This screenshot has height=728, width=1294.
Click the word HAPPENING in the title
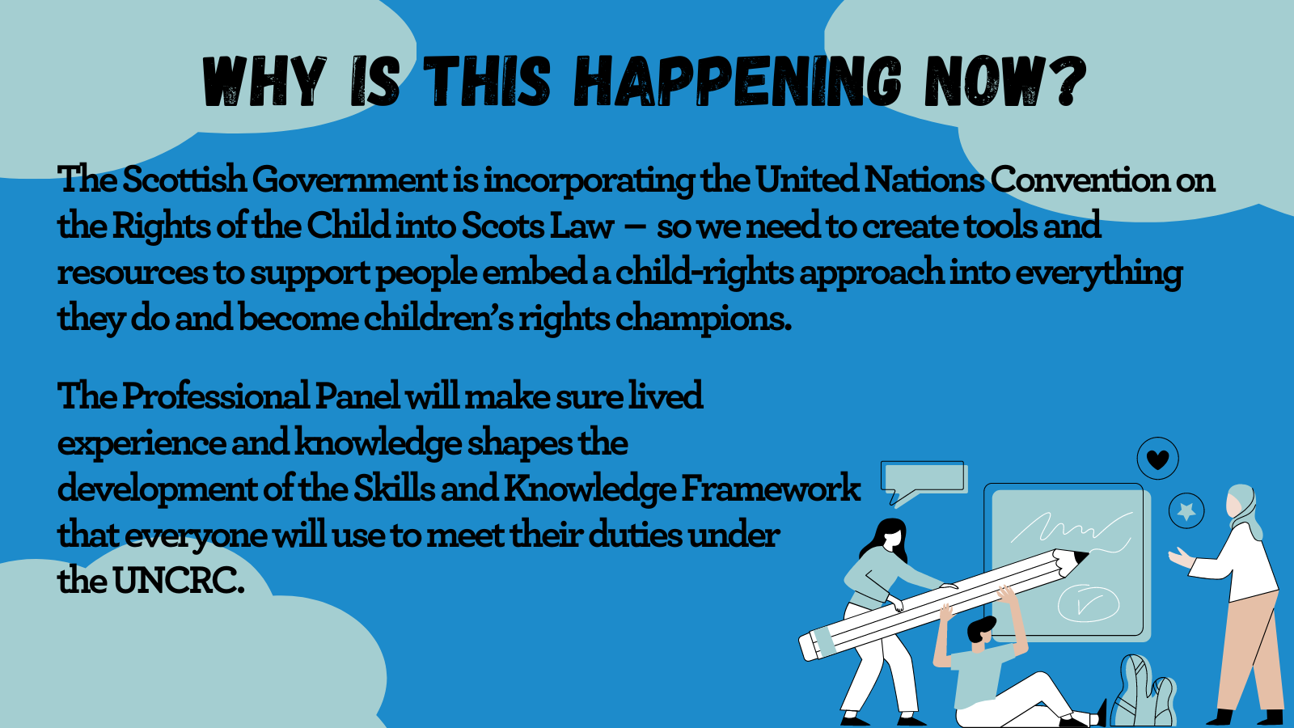(x=738, y=81)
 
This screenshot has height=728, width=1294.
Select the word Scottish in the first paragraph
(x=184, y=179)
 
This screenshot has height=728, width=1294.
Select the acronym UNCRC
(x=178, y=582)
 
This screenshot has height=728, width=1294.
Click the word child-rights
(x=704, y=273)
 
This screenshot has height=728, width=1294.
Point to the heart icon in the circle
(x=1157, y=459)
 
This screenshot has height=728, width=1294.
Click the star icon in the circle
(x=1186, y=511)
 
